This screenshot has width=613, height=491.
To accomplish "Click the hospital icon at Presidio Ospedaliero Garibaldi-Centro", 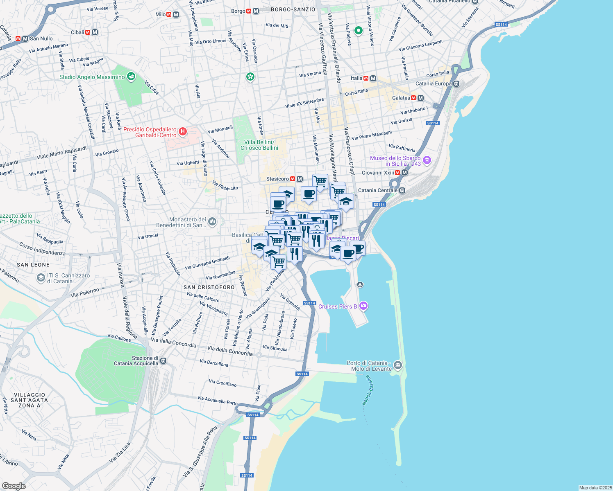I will coord(183,132).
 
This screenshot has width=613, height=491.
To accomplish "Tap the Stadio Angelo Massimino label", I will coord(92,77).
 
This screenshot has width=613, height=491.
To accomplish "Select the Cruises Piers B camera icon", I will coord(363,306).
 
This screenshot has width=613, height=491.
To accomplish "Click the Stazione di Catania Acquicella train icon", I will coord(163,361).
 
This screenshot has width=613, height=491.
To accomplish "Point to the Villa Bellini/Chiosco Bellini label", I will coord(259,145).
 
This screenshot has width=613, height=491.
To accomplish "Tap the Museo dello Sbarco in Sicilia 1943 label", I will coord(395,161).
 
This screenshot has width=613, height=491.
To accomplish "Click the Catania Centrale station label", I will coord(377,190).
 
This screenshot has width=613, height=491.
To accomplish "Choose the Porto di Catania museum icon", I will coord(397,365).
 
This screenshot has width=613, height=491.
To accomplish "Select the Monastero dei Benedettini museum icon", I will coord(212,222).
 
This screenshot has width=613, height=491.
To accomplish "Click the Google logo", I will coord(14,486).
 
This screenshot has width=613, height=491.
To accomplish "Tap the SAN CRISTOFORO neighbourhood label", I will coord(209,287).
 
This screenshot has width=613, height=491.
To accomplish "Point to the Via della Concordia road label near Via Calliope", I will coord(174,342).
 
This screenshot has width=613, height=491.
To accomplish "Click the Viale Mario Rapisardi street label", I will coord(61,153).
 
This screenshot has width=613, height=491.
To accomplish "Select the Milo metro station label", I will coord(160,14).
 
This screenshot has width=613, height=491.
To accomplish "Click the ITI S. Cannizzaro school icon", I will coord(41,278).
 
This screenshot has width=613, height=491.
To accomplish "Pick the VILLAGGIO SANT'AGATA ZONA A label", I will coord(29,400).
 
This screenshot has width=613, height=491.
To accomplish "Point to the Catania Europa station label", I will coord(433,83).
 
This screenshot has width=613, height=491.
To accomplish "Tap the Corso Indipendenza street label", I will coord(42,249).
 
